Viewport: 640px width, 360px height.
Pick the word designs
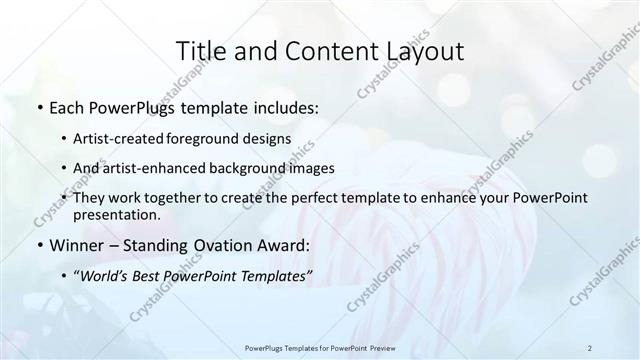pos(269,139)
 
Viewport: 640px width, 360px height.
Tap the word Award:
pos(280,244)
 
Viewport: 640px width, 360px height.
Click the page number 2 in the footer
pos(590,347)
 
